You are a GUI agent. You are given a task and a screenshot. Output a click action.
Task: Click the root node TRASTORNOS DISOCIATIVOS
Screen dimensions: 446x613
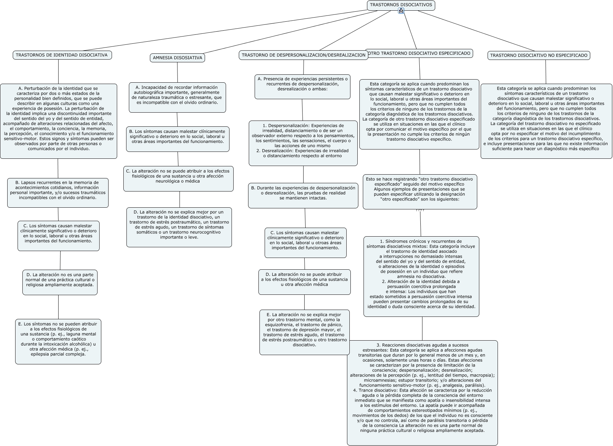tap(401, 5)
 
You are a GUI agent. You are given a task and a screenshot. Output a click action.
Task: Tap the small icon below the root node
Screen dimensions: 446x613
tap(401, 11)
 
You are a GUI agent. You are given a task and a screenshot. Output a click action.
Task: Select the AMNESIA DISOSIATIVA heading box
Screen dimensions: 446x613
tap(177, 58)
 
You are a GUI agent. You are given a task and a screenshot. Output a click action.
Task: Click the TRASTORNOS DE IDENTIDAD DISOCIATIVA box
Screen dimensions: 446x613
tap(62, 55)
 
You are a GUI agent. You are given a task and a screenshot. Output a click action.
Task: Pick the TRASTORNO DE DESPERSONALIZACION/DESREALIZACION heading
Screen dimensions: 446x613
tap(303, 55)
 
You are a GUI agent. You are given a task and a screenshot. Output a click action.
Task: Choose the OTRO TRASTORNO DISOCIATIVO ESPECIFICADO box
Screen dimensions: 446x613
tap(419, 53)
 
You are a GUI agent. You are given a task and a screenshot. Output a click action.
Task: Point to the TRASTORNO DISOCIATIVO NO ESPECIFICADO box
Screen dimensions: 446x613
tap(539, 55)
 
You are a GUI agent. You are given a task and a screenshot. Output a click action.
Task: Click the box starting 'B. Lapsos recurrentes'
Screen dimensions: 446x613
tap(58, 193)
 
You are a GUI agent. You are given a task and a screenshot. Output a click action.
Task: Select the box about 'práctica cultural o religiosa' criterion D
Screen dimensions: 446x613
tap(60, 282)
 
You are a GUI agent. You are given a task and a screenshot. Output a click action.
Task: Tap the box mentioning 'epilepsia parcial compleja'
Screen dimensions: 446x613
tap(58, 341)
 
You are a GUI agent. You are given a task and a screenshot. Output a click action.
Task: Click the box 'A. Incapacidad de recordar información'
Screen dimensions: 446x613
tap(177, 97)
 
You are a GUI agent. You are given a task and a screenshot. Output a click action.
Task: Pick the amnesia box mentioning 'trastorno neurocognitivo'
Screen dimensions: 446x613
tap(179, 227)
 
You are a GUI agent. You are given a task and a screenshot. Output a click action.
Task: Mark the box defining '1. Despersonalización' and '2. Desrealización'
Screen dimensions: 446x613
tap(303, 143)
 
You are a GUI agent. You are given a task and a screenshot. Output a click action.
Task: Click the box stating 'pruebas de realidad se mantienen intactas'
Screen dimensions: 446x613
tap(303, 195)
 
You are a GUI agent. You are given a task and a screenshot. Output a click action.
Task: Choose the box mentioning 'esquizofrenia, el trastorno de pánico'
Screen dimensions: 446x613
tap(305, 332)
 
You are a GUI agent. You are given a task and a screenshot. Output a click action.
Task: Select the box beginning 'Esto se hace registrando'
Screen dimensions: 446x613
tap(420, 191)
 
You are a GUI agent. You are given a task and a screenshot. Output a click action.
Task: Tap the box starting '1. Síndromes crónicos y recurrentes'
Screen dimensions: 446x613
tap(421, 276)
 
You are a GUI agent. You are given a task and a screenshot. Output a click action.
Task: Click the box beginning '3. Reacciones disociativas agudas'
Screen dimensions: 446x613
tap(422, 393)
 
